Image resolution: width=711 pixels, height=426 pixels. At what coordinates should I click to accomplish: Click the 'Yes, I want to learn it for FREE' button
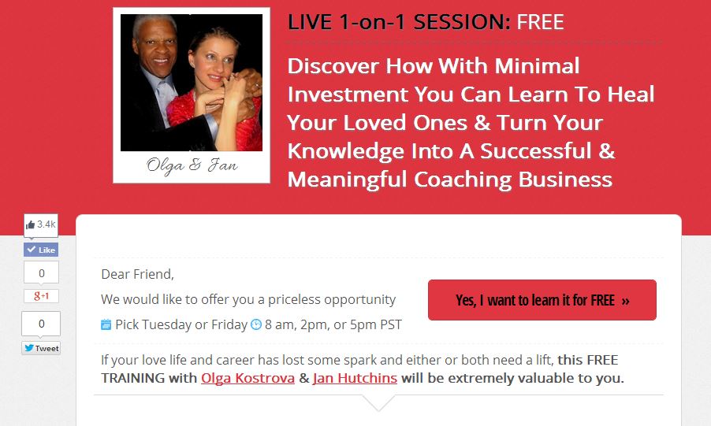542,300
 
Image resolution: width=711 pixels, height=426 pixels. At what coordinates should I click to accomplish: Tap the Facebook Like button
41,250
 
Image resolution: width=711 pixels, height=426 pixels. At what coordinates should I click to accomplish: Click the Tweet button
41,348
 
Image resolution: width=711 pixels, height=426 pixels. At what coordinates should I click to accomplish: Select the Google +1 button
41,296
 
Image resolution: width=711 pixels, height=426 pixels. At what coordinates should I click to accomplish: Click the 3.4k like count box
41,225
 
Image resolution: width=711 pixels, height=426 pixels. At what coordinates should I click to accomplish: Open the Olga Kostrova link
248,378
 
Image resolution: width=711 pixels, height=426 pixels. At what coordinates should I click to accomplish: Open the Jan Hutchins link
355,378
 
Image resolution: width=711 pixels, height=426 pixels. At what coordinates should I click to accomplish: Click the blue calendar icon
106,324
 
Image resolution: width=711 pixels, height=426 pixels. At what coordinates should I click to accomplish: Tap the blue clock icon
256,324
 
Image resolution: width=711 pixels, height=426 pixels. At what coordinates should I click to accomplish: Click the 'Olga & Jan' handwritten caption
192,165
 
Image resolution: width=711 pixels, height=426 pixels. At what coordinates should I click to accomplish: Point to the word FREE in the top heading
540,22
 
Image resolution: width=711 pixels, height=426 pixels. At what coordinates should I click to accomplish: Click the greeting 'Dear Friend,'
137,274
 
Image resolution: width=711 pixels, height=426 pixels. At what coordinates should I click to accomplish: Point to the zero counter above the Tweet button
41,324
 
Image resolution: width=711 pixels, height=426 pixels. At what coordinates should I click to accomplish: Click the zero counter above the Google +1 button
41,272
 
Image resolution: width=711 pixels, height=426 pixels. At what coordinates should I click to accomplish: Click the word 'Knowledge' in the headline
345,151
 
